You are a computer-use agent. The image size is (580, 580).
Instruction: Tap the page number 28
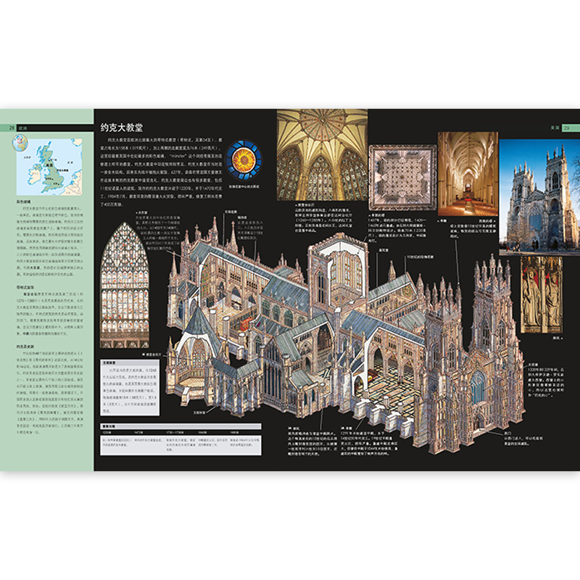(x=11, y=128)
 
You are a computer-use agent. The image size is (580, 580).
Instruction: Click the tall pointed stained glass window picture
(x=124, y=274)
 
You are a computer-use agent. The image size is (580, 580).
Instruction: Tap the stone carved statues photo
(x=541, y=293)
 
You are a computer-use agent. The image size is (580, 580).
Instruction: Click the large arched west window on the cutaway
(x=478, y=388)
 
